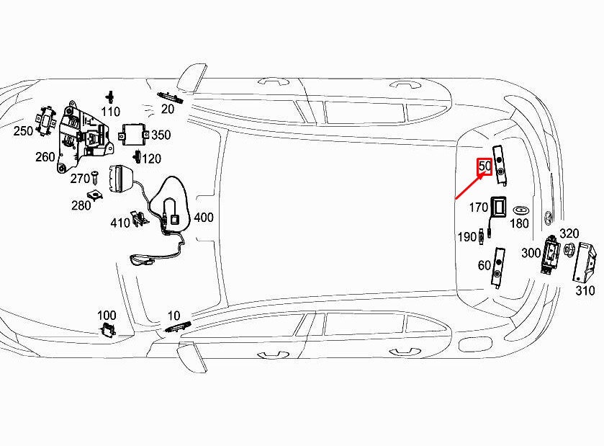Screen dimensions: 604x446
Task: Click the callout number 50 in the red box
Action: pos(484,166)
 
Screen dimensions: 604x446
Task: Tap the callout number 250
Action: pos(23,130)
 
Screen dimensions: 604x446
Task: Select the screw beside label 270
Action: pos(95,178)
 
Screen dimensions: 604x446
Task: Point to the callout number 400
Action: pos(204,218)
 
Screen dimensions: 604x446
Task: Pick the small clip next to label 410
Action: pos(139,219)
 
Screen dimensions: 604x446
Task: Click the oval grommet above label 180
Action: pos(520,210)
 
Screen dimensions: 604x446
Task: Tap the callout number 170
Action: pos(479,208)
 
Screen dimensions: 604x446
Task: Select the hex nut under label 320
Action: pos(568,249)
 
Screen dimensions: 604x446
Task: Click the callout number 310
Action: pos(585,290)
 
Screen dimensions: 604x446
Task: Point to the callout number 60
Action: pos(484,265)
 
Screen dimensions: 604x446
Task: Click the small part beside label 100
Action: pos(108,330)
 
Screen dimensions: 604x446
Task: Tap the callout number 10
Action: pos(173,316)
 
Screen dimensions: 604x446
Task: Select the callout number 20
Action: pos(168,109)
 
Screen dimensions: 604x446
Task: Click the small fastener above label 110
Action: pos(111,97)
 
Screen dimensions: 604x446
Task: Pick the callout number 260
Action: pos(45,157)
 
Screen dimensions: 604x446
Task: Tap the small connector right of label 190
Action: pos(481,236)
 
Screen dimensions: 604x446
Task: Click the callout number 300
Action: pos(531,253)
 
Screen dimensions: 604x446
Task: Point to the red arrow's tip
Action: pos(484,173)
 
